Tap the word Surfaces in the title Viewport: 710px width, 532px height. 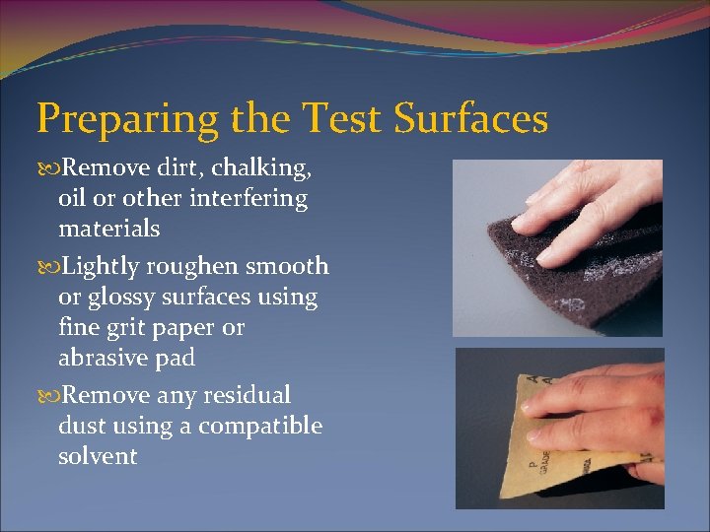470,119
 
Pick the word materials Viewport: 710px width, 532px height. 108,230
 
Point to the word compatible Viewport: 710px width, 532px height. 260,426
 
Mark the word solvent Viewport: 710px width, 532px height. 98,456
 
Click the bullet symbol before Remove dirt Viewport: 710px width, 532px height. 45,169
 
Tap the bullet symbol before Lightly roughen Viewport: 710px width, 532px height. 45,267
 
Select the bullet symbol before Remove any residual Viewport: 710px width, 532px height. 45,396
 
